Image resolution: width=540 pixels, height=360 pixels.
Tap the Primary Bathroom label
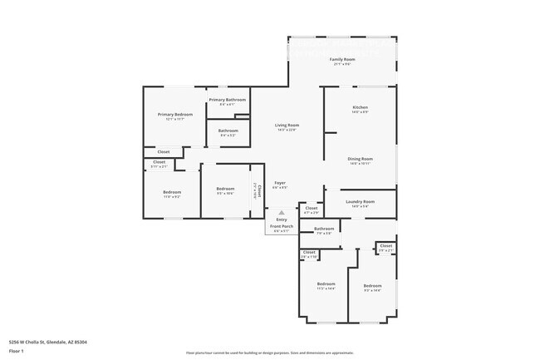pos(227,100)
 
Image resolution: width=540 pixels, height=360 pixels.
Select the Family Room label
pos(342,60)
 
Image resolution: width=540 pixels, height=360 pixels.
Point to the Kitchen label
pos(360,107)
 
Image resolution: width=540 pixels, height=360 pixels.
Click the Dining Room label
pos(360,159)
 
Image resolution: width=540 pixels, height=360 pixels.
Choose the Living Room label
pos(287,126)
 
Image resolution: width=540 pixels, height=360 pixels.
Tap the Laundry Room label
pos(360,201)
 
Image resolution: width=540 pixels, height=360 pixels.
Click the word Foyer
pos(281,182)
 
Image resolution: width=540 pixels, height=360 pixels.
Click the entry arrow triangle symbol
pos(282,212)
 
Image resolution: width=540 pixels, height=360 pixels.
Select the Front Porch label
pos(282,226)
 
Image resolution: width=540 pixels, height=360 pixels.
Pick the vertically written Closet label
pos(259,189)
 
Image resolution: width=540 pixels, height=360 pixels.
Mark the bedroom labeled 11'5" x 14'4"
pos(326,284)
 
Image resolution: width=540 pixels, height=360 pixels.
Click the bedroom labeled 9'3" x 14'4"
pos(372,285)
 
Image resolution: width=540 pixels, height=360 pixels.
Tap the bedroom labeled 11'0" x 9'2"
pos(172,192)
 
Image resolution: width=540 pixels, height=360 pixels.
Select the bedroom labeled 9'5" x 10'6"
pos(224,189)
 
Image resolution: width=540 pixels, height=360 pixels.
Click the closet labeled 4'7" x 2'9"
pos(311,209)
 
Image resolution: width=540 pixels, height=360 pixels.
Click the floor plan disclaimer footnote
pos(269,353)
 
